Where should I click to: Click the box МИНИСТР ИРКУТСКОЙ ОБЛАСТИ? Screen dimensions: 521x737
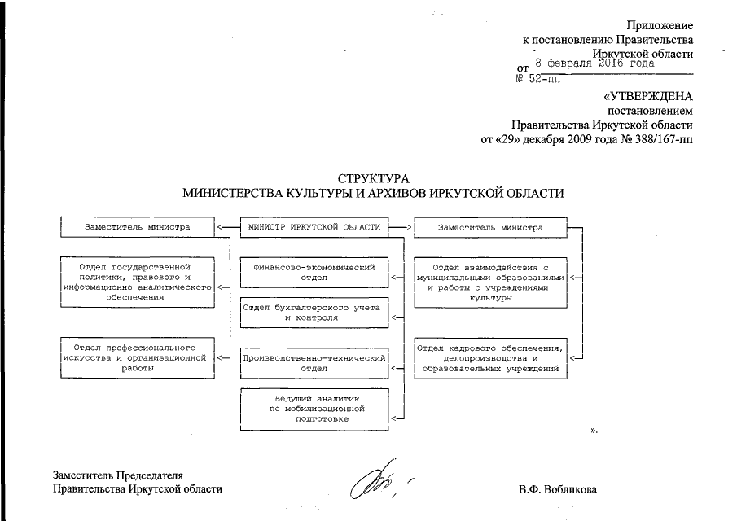pos(314,227)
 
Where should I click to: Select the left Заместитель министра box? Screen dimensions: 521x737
pos(137,227)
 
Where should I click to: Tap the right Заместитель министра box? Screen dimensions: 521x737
pos(489,227)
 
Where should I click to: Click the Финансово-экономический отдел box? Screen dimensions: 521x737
pos(314,272)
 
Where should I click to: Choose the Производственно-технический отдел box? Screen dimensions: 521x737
pos(314,363)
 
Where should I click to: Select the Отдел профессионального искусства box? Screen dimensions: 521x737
pos(137,357)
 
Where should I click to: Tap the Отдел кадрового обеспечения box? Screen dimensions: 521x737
pos(489,357)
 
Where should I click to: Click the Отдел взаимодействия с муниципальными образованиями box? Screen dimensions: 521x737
pos(489,282)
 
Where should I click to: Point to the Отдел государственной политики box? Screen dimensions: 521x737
pos(137,282)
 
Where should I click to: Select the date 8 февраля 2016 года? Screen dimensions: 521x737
pos(595,62)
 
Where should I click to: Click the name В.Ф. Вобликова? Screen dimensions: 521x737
pos(557,490)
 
